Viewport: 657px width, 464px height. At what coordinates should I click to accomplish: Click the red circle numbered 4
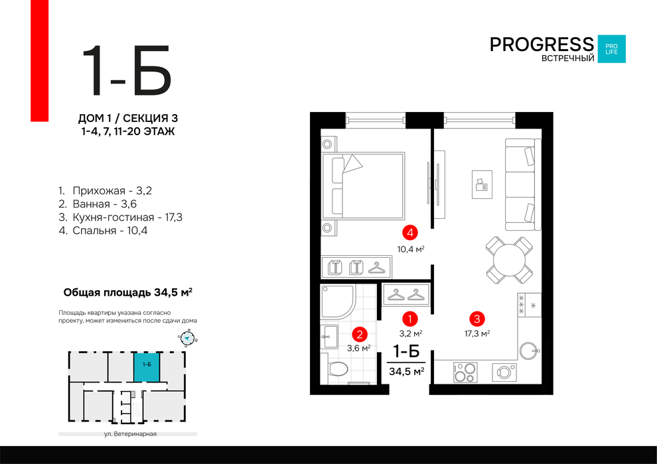tap(409, 232)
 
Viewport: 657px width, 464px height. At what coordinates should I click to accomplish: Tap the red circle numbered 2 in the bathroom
tap(360, 334)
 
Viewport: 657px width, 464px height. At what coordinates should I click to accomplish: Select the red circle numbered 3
tap(477, 319)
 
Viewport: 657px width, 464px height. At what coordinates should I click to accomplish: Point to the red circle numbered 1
tap(409, 319)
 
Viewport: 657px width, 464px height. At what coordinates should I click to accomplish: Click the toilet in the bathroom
tap(337, 369)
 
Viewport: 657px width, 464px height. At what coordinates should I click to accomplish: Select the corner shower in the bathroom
tap(338, 302)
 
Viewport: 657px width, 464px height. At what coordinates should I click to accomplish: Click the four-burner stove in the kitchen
tap(465, 372)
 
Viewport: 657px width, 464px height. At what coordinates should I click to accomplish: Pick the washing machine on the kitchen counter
tap(504, 373)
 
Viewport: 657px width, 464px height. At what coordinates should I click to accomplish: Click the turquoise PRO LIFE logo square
tap(611, 49)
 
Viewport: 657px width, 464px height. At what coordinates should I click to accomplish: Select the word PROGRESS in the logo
tap(542, 44)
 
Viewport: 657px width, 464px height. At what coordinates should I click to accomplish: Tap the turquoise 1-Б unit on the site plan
tap(147, 367)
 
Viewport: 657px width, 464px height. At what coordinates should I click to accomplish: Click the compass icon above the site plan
tap(188, 338)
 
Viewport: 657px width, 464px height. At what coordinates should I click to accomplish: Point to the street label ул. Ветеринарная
tap(130, 434)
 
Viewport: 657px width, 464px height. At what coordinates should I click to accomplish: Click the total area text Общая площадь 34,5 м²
tap(128, 292)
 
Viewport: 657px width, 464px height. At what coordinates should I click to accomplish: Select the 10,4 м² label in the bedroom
tap(411, 249)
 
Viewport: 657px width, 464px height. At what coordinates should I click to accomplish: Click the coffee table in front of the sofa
tap(482, 184)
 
